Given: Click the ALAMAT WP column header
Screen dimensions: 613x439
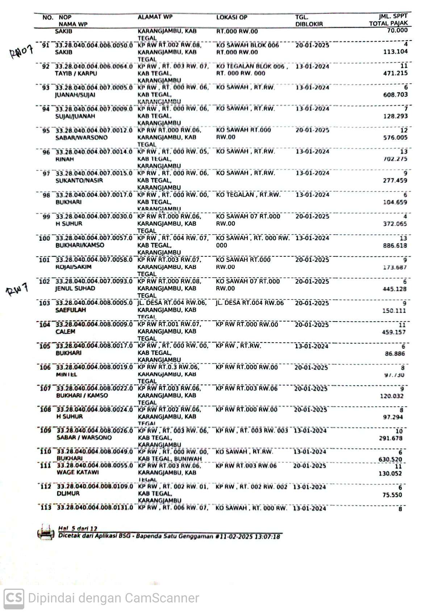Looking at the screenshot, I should coord(155,17).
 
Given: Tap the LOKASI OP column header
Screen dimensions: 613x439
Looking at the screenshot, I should coord(231,17).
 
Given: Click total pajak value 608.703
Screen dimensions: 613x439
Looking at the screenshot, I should coord(395,95).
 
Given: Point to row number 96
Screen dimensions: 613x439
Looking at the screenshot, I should coord(46,152).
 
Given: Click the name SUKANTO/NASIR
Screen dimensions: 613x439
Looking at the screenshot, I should coord(79,180).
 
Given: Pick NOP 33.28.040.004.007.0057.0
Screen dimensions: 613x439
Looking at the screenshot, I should coord(94,238).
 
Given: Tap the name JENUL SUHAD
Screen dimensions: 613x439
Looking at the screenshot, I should coord(75,289).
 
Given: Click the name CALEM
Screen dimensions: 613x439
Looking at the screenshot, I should coord(65,332).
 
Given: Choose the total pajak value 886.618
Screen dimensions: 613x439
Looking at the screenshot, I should coord(395,245).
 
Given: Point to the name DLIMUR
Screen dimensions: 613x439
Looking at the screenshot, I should coord(68,494).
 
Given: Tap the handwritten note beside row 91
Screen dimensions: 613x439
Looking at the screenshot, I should coord(21,51).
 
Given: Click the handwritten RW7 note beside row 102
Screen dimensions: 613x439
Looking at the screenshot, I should coord(17,290).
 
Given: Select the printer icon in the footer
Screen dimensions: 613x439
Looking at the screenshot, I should coord(46,532).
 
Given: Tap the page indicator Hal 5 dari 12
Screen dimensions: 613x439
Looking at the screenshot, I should coord(78,528).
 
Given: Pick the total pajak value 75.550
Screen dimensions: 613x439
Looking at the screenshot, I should coord(392,495).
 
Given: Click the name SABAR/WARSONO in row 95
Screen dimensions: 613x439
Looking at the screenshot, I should coord(81,138).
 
